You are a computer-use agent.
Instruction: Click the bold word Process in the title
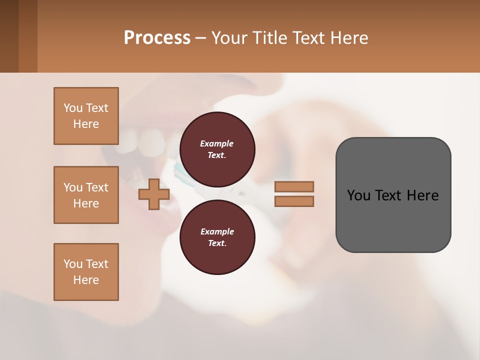click(157, 38)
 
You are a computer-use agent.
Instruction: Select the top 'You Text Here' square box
click(86, 116)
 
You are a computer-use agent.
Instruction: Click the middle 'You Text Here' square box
click(86, 195)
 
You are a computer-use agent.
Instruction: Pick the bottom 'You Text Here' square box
click(86, 272)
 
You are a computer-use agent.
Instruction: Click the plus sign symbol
click(154, 194)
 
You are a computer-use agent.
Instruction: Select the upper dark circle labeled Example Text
click(217, 149)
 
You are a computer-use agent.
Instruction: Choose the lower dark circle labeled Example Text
click(217, 237)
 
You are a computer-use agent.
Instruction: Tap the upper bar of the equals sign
click(294, 186)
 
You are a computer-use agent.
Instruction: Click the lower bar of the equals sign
click(294, 201)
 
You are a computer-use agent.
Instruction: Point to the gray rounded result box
click(393, 195)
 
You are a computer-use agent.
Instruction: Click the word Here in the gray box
click(422, 195)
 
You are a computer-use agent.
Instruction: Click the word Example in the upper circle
click(217, 143)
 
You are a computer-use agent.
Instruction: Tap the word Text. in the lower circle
click(217, 243)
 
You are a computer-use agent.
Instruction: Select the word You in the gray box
click(359, 195)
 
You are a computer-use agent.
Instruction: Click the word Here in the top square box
click(86, 124)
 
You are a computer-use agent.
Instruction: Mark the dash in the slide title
click(200, 38)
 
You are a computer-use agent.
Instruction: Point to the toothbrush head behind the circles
click(180, 170)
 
